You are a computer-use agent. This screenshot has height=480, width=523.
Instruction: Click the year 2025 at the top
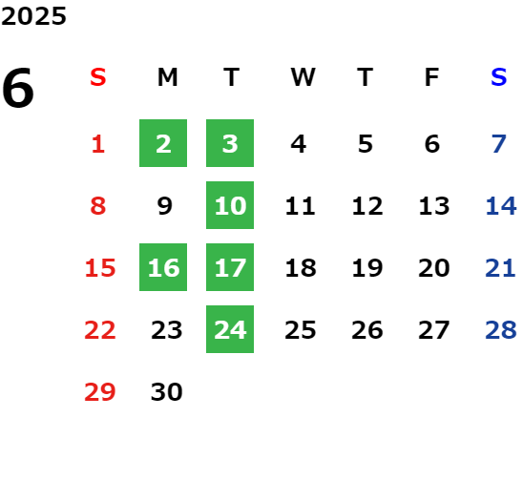pos(33,16)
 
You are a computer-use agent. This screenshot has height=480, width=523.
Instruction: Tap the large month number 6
pos(18,88)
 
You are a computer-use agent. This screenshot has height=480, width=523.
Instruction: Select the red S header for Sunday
pos(98,77)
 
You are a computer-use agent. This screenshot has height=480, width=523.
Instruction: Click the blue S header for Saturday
pos(498,77)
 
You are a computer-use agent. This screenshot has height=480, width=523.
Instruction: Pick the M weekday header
pos(167,77)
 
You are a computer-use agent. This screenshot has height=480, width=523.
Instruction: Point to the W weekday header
pos(303,77)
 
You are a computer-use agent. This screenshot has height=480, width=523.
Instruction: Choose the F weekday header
pos(432,77)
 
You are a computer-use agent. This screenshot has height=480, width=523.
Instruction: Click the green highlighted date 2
pos(163,143)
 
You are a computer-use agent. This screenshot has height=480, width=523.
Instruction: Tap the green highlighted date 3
pos(230,143)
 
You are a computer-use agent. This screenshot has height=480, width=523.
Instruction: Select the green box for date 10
pos(230,205)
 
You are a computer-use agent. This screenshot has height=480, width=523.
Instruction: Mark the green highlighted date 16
pos(163,267)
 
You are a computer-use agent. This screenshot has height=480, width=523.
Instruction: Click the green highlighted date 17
pos(230,267)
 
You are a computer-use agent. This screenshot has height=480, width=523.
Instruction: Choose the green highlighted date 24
pos(230,329)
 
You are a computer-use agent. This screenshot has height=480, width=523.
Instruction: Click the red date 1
pos(98,144)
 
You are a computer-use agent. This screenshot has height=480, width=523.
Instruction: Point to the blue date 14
pos(501,206)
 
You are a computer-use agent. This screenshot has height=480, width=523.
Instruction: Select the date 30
pos(166,392)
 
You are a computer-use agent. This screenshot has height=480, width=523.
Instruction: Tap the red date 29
pos(99,392)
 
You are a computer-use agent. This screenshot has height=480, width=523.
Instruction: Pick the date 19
pos(367,268)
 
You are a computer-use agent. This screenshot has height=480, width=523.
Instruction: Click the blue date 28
pos(501,330)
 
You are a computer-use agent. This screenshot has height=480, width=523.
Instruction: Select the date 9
pos(165,206)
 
